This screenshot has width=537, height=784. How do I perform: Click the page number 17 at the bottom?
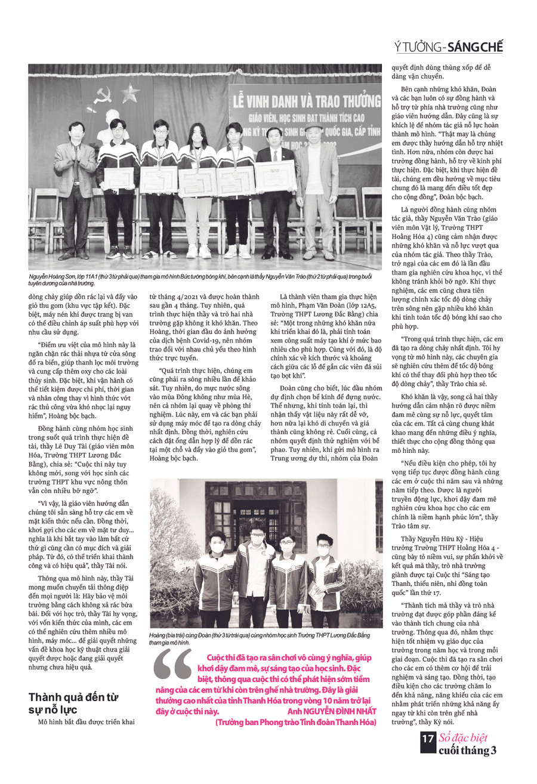coord(428,739)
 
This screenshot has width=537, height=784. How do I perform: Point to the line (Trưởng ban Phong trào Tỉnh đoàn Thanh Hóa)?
coord(296,723)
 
